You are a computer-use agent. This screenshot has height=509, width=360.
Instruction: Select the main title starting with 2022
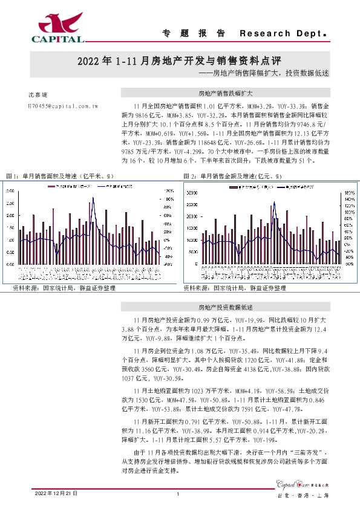click(180, 62)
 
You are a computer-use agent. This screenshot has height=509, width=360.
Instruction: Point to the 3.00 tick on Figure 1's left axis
click(11, 190)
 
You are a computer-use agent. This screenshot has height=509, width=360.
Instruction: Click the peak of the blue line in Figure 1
click(93, 198)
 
